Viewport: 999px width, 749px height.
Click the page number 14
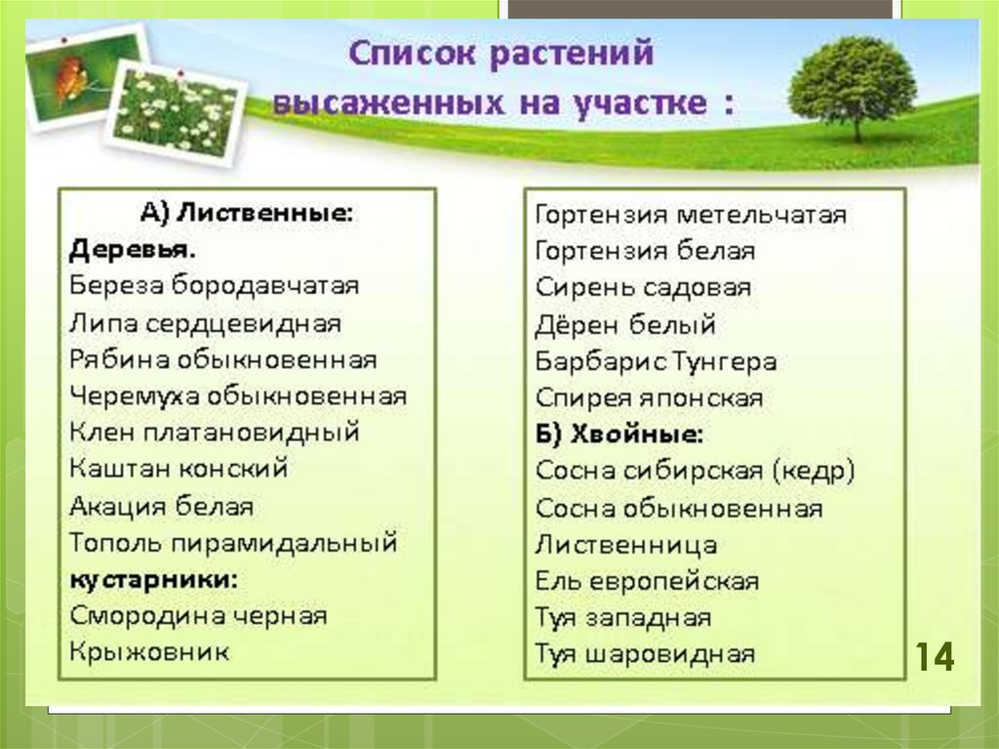pos(935,656)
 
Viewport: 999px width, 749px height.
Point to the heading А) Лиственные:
pos(246,213)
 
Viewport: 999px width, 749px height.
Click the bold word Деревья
pos(132,249)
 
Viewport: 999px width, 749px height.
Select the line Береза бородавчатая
pos(214,285)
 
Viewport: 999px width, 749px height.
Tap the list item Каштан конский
pos(179,469)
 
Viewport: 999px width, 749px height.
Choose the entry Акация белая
pos(161,506)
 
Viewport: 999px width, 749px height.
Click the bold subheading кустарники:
pos(153,580)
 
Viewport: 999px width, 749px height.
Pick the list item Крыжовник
pos(149,652)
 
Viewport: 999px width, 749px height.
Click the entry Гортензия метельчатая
pos(692,215)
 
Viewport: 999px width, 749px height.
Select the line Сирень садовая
pos(644,288)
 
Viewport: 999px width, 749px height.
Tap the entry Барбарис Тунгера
pos(657,361)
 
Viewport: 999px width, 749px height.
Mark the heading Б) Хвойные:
pos(619,435)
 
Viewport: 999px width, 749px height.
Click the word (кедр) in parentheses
pos(815,471)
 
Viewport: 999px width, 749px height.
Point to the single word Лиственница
pos(626,545)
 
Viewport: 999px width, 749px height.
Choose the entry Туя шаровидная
pos(645,654)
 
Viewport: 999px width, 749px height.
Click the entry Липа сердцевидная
pos(205,323)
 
